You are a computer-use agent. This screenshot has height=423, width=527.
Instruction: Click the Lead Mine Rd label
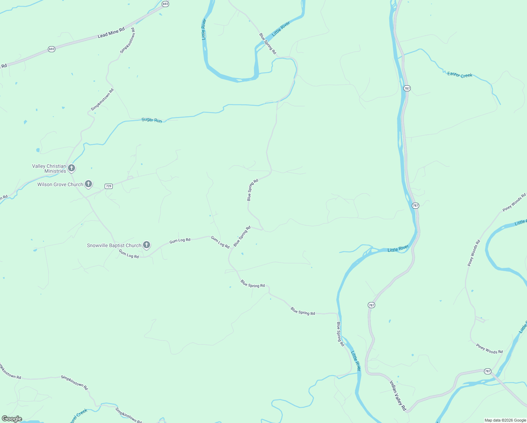111,32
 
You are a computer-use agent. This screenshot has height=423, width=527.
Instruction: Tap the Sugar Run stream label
151,120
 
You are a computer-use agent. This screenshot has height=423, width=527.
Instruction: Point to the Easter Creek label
459,75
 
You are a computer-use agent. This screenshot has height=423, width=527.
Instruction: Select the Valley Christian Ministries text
49,168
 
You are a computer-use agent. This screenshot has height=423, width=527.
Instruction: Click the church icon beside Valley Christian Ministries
72,168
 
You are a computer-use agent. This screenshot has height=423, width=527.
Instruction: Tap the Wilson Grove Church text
60,184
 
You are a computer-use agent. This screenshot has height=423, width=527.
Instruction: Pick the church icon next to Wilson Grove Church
88,184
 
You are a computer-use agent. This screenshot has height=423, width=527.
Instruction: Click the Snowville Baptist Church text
114,245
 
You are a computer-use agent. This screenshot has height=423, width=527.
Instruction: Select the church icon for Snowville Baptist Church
147,245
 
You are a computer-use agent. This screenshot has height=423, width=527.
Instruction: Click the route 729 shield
108,186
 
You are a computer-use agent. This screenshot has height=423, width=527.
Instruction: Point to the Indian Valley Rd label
398,395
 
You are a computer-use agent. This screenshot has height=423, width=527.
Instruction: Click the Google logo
12,419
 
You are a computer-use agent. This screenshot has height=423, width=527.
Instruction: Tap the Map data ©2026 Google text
505,420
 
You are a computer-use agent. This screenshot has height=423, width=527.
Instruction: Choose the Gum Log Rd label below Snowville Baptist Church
129,254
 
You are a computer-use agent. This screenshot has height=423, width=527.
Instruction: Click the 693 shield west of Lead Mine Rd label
52,49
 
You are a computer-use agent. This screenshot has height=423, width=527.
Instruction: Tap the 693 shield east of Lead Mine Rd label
165,4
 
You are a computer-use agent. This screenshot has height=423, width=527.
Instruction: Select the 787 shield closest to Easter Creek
407,88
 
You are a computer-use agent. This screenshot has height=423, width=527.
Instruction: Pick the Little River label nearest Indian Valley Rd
356,361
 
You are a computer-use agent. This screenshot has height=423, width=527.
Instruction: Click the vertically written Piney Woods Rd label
474,253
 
